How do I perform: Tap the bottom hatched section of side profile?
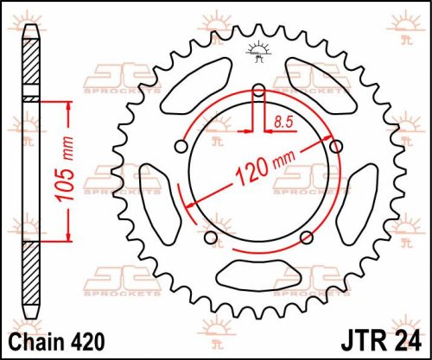31,276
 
